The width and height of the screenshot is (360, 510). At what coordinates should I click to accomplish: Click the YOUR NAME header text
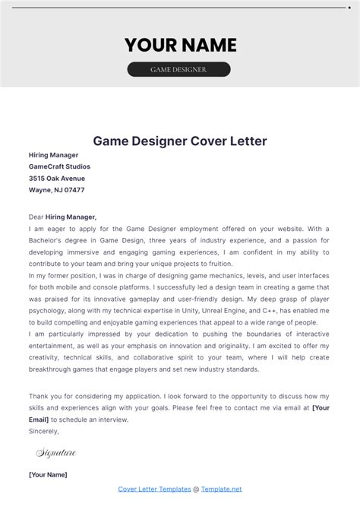180,45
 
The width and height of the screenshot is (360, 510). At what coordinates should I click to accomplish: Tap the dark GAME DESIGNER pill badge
179,69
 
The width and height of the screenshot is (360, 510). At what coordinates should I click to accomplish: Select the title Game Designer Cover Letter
180,141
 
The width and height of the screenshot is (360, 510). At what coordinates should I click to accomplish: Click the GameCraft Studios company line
59,166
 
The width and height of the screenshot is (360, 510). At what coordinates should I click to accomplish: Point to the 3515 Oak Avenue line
57,178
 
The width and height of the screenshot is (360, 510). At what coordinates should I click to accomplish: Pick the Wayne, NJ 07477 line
57,190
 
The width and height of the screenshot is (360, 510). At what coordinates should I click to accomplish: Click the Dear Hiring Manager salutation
63,217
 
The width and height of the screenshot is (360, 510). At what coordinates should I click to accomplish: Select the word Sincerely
43,431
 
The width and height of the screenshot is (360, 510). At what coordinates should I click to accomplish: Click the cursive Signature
56,453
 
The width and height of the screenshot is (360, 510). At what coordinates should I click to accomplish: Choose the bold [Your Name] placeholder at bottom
48,474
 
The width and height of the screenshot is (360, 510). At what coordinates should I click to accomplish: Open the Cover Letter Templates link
154,489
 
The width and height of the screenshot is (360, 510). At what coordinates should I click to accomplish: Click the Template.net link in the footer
221,489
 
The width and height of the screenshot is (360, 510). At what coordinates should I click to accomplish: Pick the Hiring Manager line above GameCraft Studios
53,154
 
